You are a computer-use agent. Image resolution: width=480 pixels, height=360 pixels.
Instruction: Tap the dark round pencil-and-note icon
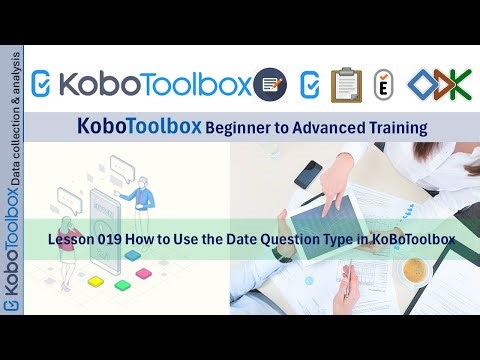268,84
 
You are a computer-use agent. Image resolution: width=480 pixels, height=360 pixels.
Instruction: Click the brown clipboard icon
346,85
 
